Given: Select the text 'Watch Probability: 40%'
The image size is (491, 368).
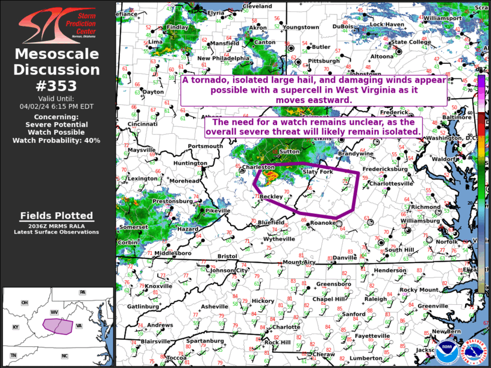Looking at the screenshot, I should point(57,140).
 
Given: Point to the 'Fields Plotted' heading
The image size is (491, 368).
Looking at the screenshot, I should point(57,216).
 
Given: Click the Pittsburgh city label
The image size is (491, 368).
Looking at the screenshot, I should point(324,61).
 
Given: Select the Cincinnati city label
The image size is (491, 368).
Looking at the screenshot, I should point(142,124).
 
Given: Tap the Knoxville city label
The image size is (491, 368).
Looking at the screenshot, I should point(158,286).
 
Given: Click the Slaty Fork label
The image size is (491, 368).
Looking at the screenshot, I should point(317,172).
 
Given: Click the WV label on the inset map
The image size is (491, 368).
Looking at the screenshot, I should point(54,313).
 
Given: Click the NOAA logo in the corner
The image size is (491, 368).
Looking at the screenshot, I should point(446,349).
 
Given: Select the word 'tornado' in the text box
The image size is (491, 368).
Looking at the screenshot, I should point(208,81).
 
